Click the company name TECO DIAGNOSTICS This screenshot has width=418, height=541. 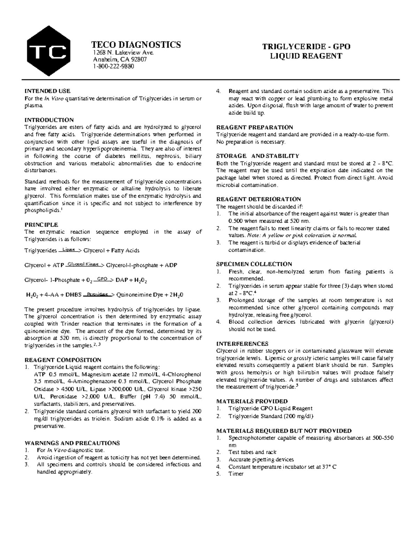point(136,45)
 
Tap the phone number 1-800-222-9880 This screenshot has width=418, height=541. point(113,67)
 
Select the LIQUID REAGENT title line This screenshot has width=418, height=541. point(306,56)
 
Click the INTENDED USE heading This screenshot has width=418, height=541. point(47,91)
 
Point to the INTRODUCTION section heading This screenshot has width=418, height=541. point(49,120)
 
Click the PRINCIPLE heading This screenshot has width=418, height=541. point(41,224)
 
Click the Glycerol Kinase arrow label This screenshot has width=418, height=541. point(84,264)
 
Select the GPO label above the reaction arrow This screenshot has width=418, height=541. point(102,279)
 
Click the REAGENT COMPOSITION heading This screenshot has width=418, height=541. point(63,360)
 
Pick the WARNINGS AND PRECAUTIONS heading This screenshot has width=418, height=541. point(72,443)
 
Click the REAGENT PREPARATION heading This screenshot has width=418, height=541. point(255,127)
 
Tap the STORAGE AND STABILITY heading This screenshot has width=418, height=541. point(257,156)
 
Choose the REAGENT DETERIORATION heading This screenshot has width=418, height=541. point(258,199)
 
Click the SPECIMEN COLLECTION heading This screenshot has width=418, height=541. point(254,264)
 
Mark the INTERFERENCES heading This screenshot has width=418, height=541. point(242,343)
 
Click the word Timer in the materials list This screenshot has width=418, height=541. point(236,474)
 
